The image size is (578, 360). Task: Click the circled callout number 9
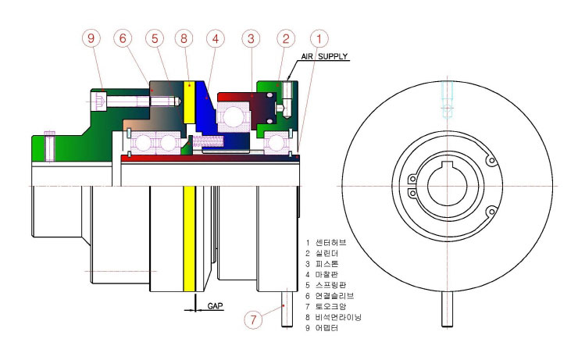tap(91, 38)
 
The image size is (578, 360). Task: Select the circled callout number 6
tap(123, 38)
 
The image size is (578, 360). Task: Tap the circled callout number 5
tap(155, 38)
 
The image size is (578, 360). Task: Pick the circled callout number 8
tap(184, 38)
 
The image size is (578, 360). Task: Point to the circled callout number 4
tap(216, 38)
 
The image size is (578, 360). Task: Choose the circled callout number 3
tap(251, 38)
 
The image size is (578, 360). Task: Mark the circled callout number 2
tap(286, 38)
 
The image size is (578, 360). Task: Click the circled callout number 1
tap(319, 38)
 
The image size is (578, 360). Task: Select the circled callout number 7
tap(253, 319)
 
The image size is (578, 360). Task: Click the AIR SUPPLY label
tap(324, 56)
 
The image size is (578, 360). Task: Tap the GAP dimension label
tap(216, 306)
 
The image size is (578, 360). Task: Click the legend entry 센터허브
tap(331, 242)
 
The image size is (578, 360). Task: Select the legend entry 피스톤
tap(327, 264)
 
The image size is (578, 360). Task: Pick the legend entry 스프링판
tap(331, 285)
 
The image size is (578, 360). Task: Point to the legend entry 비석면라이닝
tap(338, 317)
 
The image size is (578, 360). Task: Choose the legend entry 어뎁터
tap(326, 328)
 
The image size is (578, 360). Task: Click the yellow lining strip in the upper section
tap(189, 102)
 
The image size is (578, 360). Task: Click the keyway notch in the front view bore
tap(447, 165)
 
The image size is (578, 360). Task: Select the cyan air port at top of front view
tap(447, 99)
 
